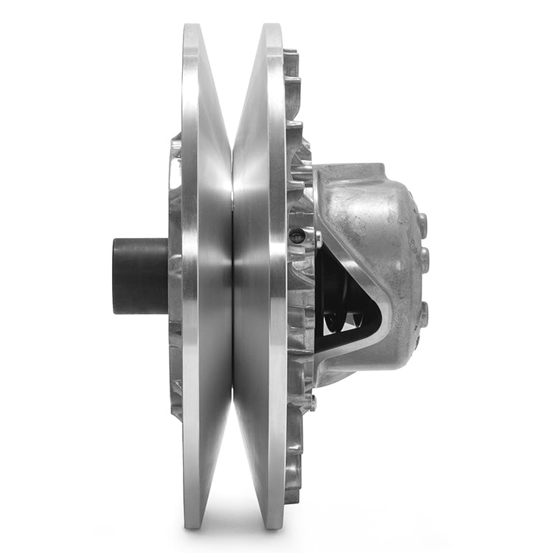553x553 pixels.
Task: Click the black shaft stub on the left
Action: (140, 275)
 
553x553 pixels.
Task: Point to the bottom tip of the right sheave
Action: (274, 526)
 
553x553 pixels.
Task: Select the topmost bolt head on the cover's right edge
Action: (422, 221)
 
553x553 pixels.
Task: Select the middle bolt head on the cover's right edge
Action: (425, 259)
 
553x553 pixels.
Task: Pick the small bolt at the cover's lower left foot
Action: (311, 403)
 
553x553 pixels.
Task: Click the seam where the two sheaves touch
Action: (233, 276)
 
